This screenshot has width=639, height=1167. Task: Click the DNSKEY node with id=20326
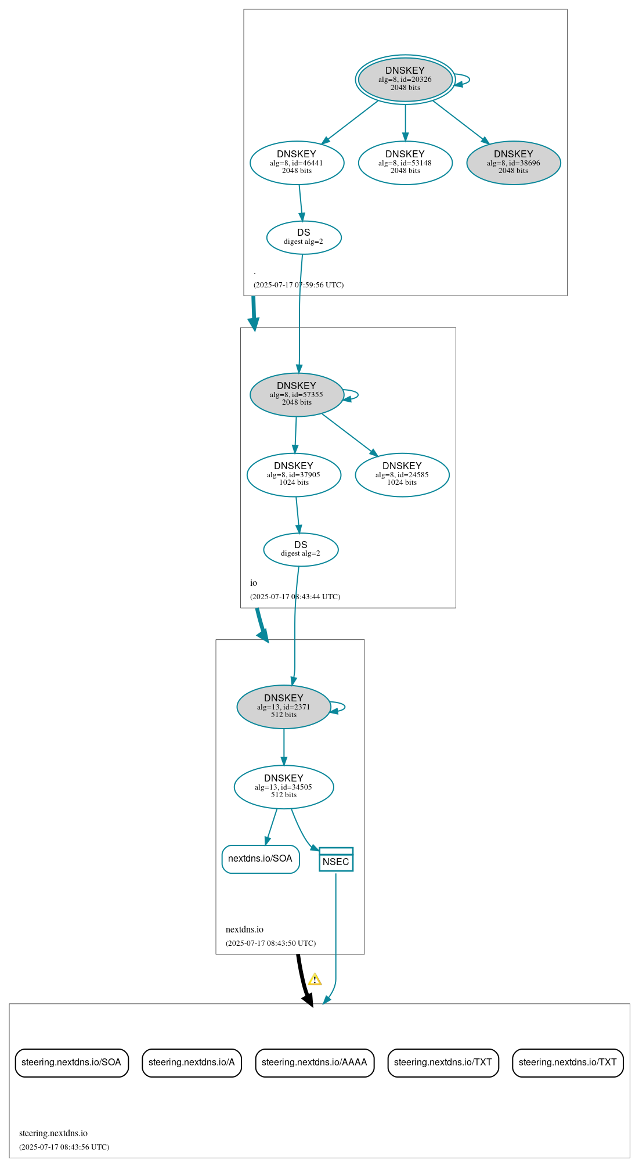405,80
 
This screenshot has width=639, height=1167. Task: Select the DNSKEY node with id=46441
297,163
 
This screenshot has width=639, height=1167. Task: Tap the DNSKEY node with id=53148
405,163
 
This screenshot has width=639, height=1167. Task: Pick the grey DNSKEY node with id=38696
513,163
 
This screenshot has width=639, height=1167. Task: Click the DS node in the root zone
304,237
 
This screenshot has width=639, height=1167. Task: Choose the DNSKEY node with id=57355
297,394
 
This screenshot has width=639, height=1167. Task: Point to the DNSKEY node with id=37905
294,474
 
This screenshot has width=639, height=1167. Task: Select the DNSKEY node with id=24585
402,474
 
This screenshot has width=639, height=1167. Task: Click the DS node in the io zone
301,549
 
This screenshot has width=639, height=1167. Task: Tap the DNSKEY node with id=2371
283,707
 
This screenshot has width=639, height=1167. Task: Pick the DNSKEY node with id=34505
283,787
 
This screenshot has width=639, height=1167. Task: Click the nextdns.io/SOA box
260,859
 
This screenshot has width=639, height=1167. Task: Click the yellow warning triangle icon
315,980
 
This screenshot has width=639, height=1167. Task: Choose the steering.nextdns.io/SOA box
71,1062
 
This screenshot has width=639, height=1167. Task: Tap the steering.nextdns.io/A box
192,1062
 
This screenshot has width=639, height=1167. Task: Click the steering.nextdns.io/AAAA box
315,1062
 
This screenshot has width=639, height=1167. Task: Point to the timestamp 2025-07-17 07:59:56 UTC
298,285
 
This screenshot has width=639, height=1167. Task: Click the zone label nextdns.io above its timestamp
244,930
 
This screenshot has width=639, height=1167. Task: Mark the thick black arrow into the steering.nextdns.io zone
302,981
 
